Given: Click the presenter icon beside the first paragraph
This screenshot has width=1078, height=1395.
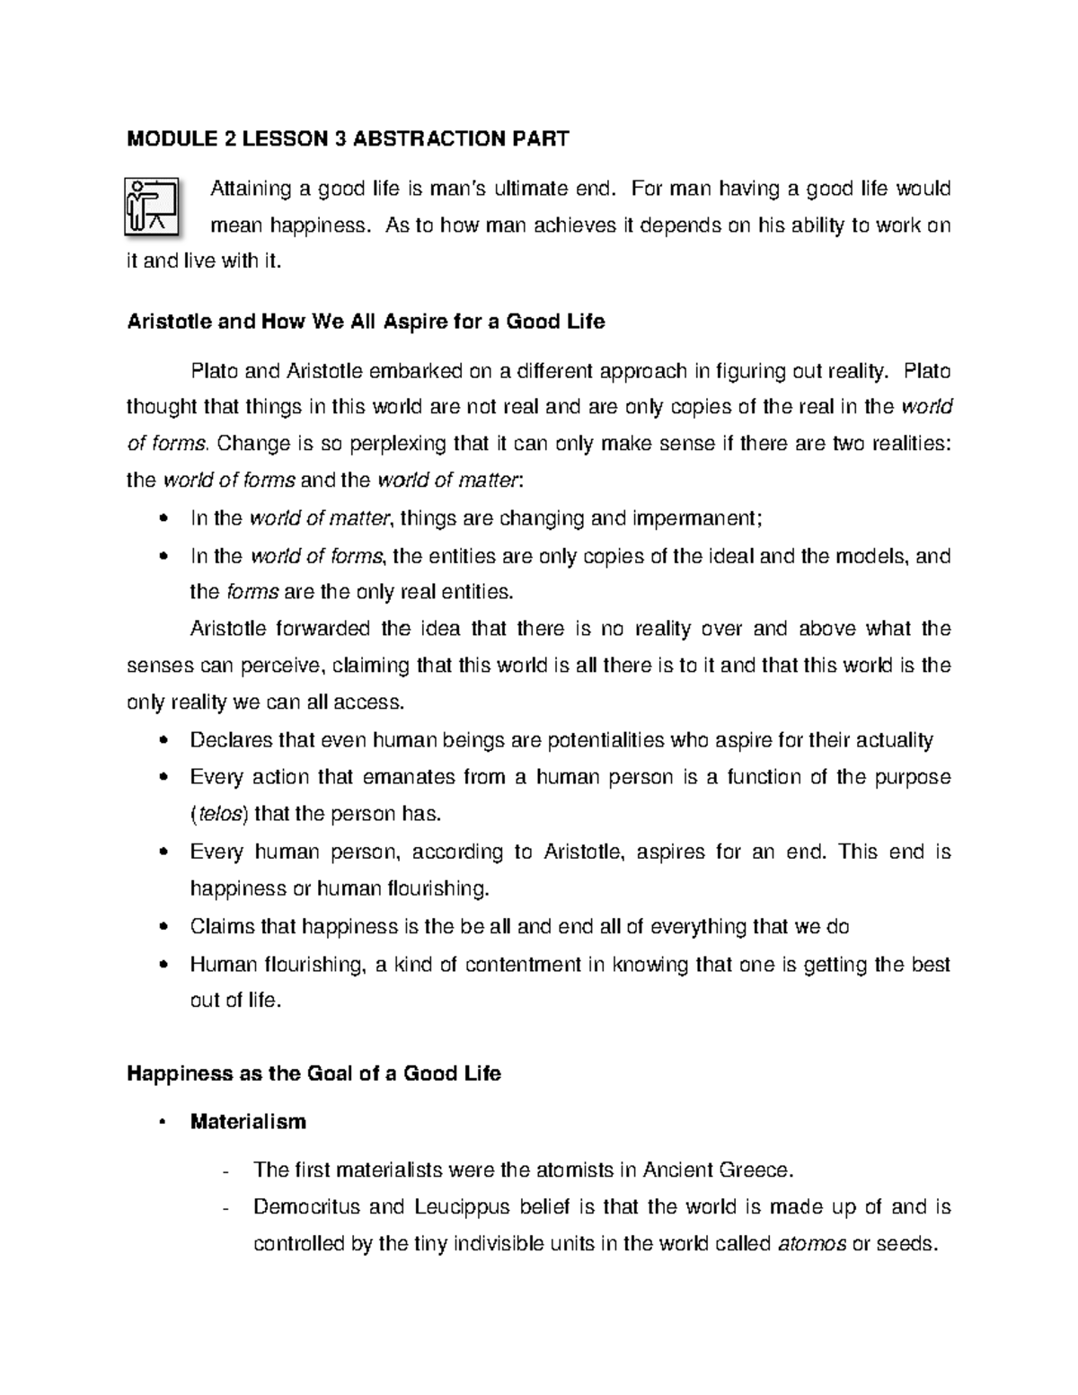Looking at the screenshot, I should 152,206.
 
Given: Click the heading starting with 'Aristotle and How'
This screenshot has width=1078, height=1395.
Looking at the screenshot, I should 366,322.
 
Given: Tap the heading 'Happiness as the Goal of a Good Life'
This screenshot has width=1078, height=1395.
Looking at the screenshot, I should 314,1073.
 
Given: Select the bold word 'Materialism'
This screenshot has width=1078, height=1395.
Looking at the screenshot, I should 248,1122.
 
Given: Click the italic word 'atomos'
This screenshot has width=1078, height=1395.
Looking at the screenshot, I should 809,1244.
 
